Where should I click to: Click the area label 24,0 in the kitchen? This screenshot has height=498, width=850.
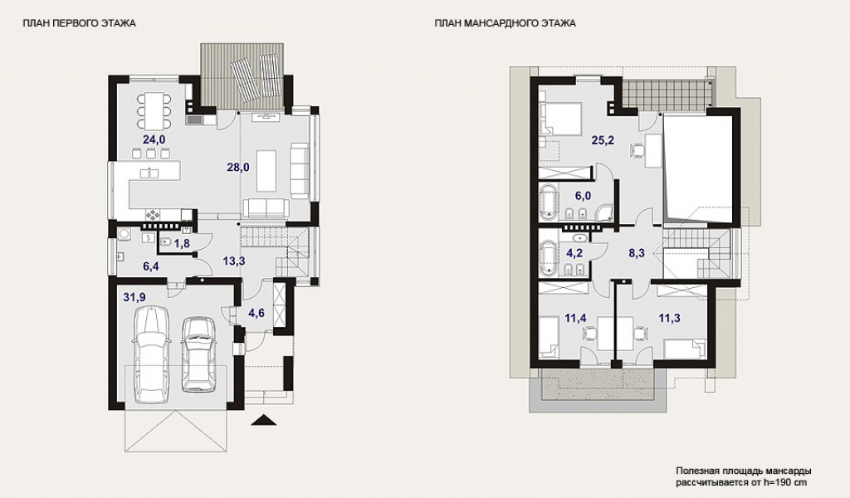tap(154, 139)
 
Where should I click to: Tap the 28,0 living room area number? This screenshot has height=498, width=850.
tap(238, 168)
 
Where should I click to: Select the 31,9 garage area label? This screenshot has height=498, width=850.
tap(134, 297)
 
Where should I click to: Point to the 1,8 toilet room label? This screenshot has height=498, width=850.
tap(182, 243)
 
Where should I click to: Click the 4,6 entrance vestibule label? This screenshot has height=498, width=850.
tap(256, 313)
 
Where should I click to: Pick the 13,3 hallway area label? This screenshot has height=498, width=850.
tap(234, 261)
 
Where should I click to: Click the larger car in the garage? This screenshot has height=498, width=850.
tap(152, 354)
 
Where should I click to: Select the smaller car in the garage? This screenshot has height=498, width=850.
tap(198, 354)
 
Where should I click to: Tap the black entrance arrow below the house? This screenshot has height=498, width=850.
tap(264, 420)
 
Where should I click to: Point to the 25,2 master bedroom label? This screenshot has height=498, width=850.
tap(603, 141)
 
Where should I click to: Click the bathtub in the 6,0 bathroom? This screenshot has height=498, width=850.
tap(548, 203)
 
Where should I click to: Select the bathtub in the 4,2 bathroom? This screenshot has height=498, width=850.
tap(548, 256)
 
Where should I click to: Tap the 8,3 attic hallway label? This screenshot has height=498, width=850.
tap(637, 252)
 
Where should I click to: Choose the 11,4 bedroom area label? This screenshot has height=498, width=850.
tap(576, 318)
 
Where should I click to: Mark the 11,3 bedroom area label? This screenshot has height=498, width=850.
tap(670, 318)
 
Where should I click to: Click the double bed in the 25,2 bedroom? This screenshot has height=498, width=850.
tap(562, 118)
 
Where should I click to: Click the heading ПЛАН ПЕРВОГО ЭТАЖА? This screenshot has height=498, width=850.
tap(79, 23)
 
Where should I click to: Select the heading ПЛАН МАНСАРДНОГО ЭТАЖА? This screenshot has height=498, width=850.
tap(506, 23)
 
